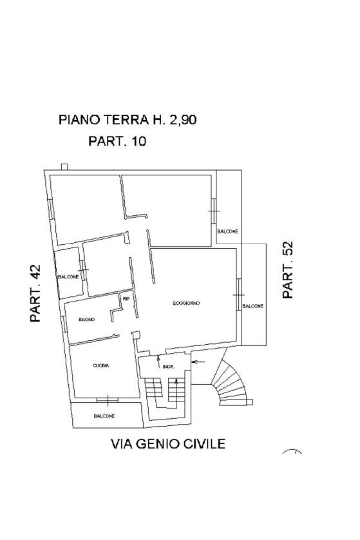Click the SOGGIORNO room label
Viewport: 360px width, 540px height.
pyautogui.click(x=186, y=303)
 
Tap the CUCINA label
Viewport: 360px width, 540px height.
pyautogui.click(x=101, y=365)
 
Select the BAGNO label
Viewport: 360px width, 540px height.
pyautogui.click(x=87, y=320)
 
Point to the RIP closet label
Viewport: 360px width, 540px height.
pyautogui.click(x=126, y=298)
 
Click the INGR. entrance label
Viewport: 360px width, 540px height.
pyautogui.click(x=169, y=367)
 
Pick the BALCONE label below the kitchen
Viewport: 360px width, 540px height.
pyautogui.click(x=104, y=416)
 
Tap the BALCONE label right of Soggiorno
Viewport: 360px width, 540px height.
pyautogui.click(x=253, y=306)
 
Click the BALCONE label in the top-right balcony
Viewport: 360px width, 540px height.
pyautogui.click(x=227, y=231)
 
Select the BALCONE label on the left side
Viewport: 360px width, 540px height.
pyautogui.click(x=68, y=276)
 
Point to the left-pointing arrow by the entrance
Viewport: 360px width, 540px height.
pyautogui.click(x=198, y=362)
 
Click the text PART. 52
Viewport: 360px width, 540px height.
pyautogui.click(x=287, y=269)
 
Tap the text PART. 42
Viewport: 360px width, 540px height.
pyautogui.click(x=35, y=293)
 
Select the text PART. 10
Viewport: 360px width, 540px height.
pyautogui.click(x=117, y=141)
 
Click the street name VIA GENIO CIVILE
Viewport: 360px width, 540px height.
pyautogui.click(x=168, y=443)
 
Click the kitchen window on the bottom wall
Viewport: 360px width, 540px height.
pyautogui.click(x=108, y=400)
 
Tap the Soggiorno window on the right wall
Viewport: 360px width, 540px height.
pyautogui.click(x=238, y=294)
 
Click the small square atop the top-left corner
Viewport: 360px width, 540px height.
pyautogui.click(x=64, y=167)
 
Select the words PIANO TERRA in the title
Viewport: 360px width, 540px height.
pyautogui.click(x=103, y=120)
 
